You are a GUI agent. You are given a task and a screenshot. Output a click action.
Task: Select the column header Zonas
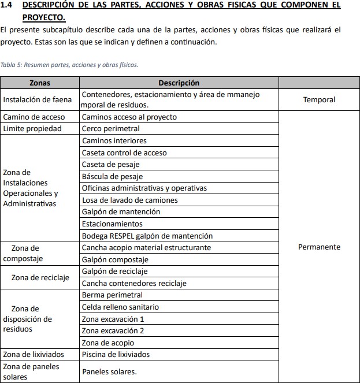(x=39, y=83)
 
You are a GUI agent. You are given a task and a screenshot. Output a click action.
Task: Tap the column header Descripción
(x=179, y=83)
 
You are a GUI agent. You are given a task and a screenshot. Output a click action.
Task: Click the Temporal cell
(x=319, y=99)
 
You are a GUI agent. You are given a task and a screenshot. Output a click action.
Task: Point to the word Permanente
(x=319, y=247)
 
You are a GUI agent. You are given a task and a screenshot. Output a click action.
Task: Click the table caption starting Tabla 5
(x=69, y=65)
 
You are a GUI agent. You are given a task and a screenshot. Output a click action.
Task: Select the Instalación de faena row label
(x=38, y=99)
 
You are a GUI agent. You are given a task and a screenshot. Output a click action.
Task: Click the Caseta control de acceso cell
(x=124, y=153)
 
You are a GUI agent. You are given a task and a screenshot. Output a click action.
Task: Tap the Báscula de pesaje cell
(x=112, y=176)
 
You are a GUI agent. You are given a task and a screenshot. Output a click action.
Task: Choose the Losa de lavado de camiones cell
(x=130, y=200)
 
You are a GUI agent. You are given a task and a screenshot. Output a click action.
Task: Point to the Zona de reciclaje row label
(x=40, y=277)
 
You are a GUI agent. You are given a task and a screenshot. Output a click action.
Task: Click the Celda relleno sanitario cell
(x=120, y=307)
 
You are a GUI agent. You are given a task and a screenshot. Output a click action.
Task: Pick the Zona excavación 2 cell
(x=113, y=330)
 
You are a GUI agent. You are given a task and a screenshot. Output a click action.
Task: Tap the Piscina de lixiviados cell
(x=116, y=354)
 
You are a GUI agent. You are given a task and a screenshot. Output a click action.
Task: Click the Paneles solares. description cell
(x=109, y=371)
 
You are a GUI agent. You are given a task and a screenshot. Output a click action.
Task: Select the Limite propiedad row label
(x=32, y=129)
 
